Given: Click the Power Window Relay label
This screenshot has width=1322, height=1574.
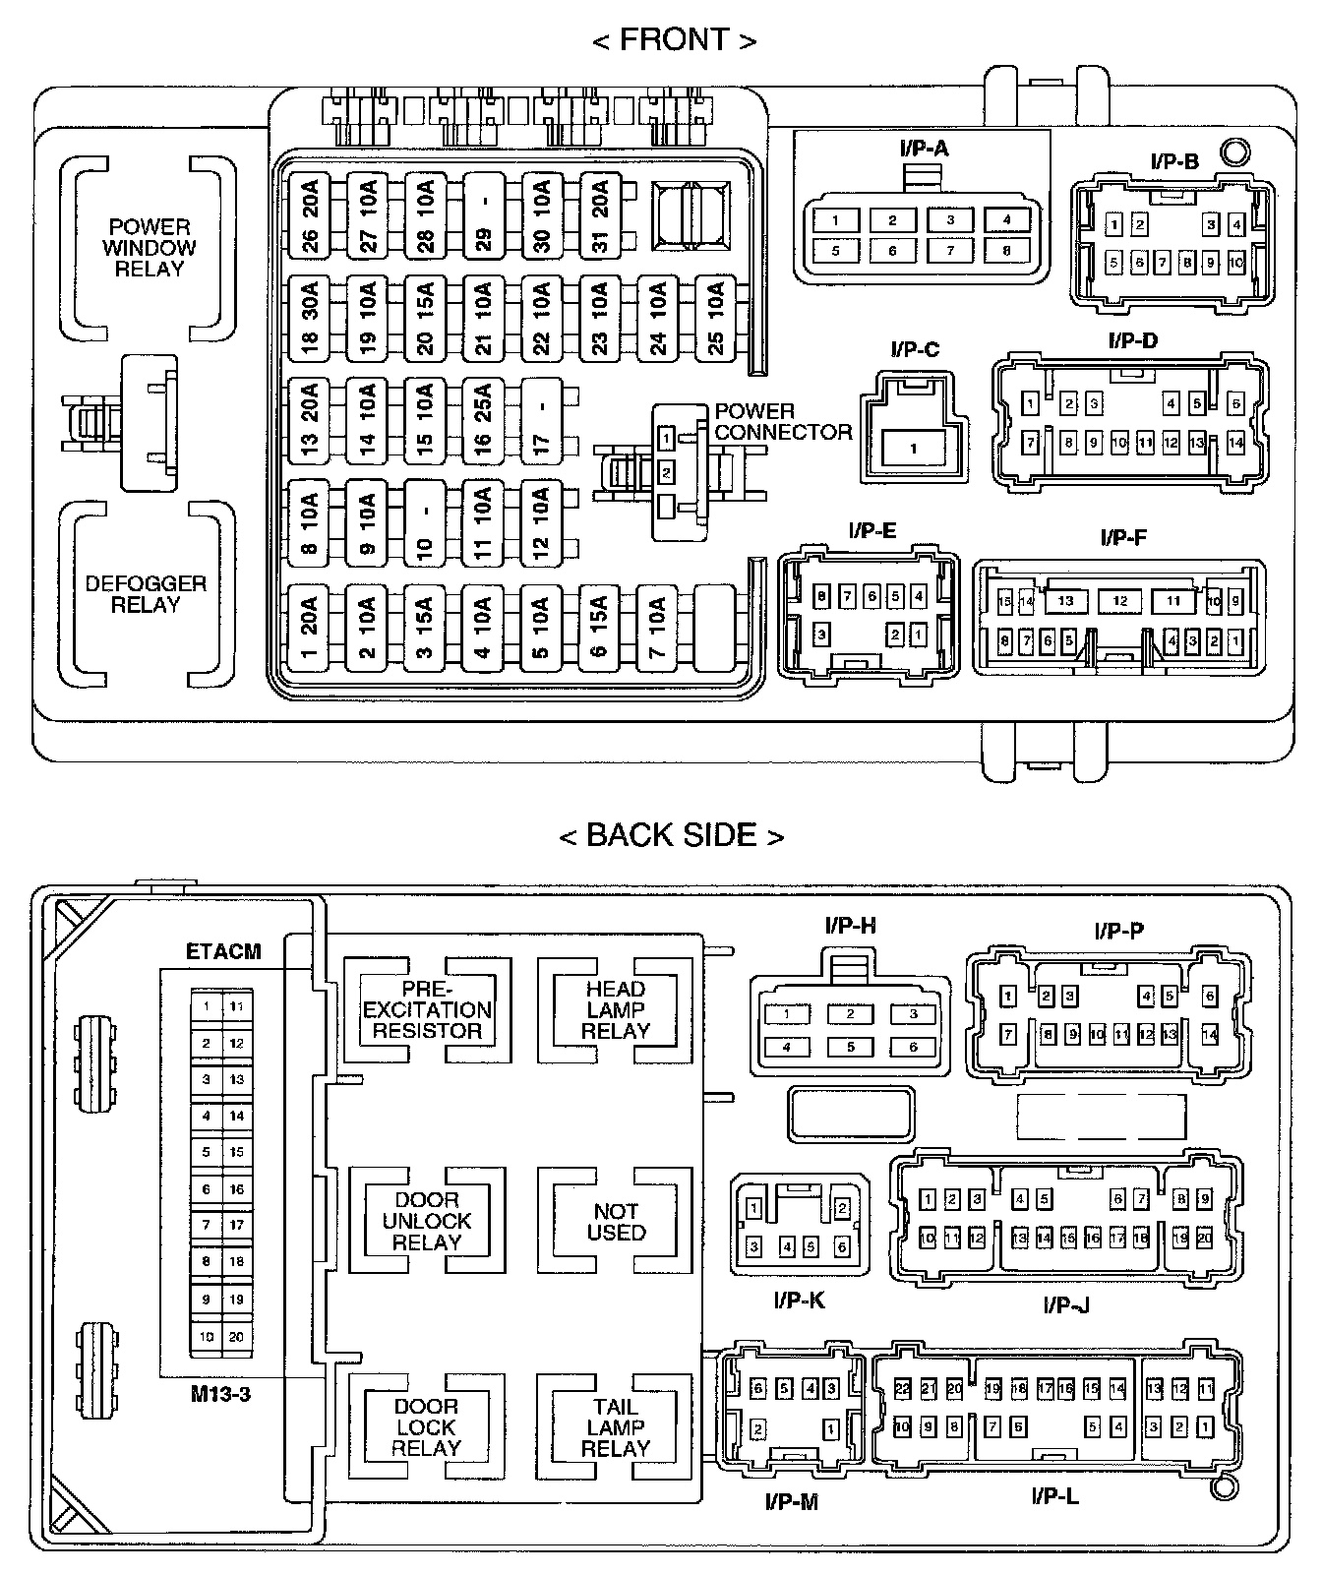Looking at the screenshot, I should pyautogui.click(x=150, y=248).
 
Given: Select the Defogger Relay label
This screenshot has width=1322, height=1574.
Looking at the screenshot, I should pyautogui.click(x=146, y=593).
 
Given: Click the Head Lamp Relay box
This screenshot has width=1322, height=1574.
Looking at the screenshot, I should pyautogui.click(x=616, y=1010).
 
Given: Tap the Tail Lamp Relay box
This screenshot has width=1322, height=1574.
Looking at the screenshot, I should pyautogui.click(x=616, y=1427).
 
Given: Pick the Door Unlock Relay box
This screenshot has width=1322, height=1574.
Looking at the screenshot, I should pyautogui.click(x=427, y=1221).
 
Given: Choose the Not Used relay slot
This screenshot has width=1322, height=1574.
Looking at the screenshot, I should pyautogui.click(x=616, y=1221).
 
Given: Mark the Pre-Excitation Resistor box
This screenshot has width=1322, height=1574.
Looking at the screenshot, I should pyautogui.click(x=427, y=1010).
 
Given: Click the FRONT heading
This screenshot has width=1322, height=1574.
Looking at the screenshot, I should pyautogui.click(x=675, y=40).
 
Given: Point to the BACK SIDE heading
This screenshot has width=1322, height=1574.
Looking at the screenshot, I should pyautogui.click(x=672, y=835).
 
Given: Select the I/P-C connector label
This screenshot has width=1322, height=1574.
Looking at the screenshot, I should pyautogui.click(x=915, y=350).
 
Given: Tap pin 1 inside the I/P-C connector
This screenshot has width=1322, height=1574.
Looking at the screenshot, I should pyautogui.click(x=913, y=449).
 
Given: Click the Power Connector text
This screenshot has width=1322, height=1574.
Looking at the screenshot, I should pyautogui.click(x=783, y=422).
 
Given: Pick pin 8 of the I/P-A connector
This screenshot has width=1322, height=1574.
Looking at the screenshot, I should pyautogui.click(x=1007, y=250).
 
